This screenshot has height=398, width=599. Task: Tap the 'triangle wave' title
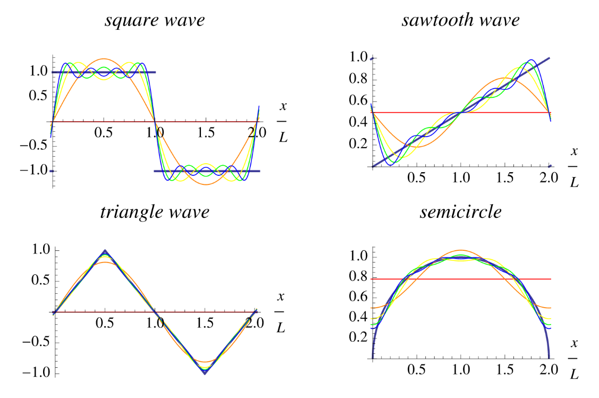(x=155, y=212)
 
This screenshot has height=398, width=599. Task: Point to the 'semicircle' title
(x=460, y=212)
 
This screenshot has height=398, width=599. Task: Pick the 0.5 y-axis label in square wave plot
(x=40, y=97)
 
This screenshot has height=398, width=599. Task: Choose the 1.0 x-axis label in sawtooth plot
(x=461, y=177)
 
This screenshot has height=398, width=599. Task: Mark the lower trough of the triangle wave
(x=205, y=374)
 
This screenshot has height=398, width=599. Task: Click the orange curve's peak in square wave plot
(x=104, y=58)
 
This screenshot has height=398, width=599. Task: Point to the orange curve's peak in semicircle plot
(x=461, y=250)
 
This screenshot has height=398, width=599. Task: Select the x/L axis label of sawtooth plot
(x=573, y=166)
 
